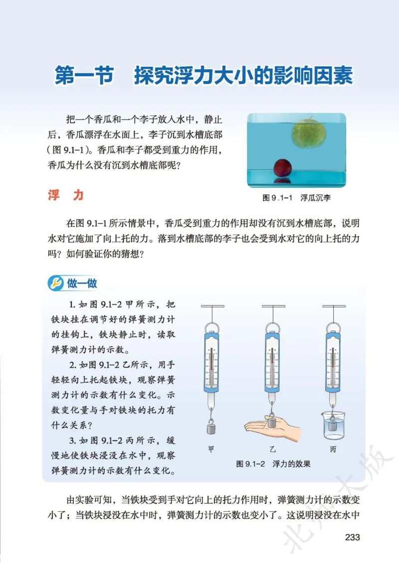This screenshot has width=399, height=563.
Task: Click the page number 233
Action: tap(352, 537)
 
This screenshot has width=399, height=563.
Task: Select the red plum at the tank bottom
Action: tap(283, 168)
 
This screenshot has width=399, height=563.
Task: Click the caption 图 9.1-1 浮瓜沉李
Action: tap(296, 197)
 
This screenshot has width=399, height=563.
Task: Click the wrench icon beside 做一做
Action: tap(55, 283)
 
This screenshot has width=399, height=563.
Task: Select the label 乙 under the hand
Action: tap(272, 449)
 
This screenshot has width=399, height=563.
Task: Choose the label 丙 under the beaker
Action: tap(333, 449)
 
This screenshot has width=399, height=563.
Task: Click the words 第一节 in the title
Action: tap(83, 76)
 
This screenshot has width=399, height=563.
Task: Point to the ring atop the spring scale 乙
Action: tap(272, 327)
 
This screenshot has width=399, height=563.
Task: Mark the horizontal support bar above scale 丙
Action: tap(333, 305)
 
